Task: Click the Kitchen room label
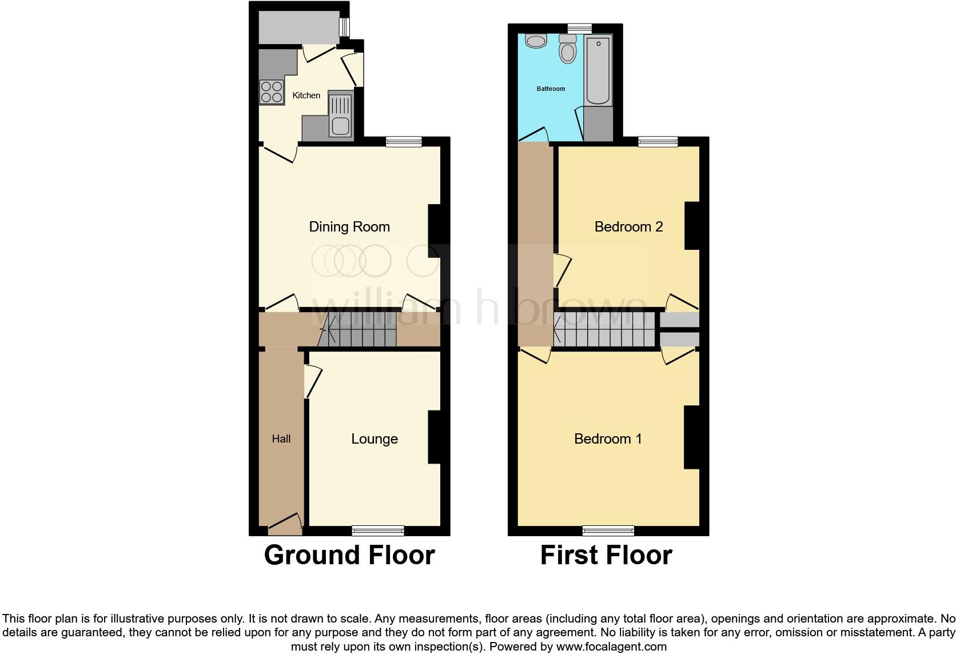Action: (306, 95)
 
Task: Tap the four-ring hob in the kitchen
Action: (272, 92)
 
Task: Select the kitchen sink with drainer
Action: (340, 115)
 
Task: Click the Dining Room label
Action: (349, 227)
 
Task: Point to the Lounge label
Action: (375, 439)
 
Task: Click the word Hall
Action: (281, 439)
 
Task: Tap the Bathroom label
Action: (551, 89)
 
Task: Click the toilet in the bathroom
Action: (568, 49)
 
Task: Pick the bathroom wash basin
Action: (536, 41)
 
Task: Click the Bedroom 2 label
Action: (628, 227)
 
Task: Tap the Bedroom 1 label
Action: (608, 439)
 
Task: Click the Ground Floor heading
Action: (349, 555)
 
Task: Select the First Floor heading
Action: (606, 555)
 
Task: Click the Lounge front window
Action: (378, 531)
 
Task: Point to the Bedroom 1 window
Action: (608, 531)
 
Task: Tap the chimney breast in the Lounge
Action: (435, 437)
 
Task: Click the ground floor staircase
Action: (357, 329)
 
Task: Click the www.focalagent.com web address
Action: (611, 647)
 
